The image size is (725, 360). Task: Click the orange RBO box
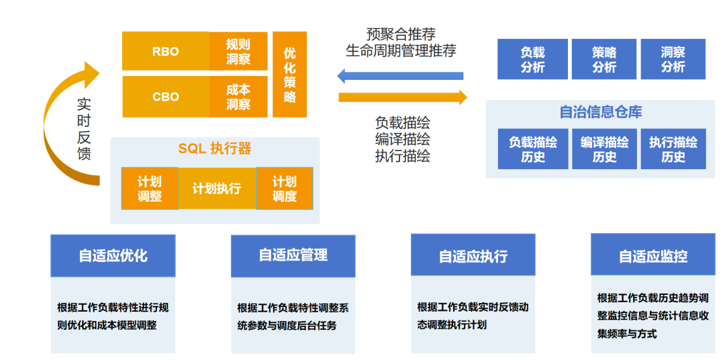(x=165, y=51)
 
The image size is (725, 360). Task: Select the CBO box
(x=165, y=97)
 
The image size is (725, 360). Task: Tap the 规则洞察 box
(x=238, y=51)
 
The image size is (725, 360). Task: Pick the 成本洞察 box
(x=238, y=97)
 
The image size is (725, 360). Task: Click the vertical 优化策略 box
(x=289, y=74)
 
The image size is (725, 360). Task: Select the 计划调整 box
(x=150, y=189)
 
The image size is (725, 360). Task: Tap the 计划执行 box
(x=217, y=189)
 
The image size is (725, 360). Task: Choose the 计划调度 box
(x=285, y=189)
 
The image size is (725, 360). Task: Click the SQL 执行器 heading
(x=215, y=148)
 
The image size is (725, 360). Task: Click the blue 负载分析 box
(x=532, y=59)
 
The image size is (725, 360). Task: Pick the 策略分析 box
(x=604, y=59)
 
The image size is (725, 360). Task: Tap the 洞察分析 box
(x=673, y=59)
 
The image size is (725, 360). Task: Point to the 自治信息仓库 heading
(x=601, y=112)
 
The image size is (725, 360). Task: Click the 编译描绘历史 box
(x=604, y=149)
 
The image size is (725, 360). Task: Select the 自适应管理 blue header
(x=293, y=255)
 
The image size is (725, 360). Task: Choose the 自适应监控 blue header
(x=653, y=255)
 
